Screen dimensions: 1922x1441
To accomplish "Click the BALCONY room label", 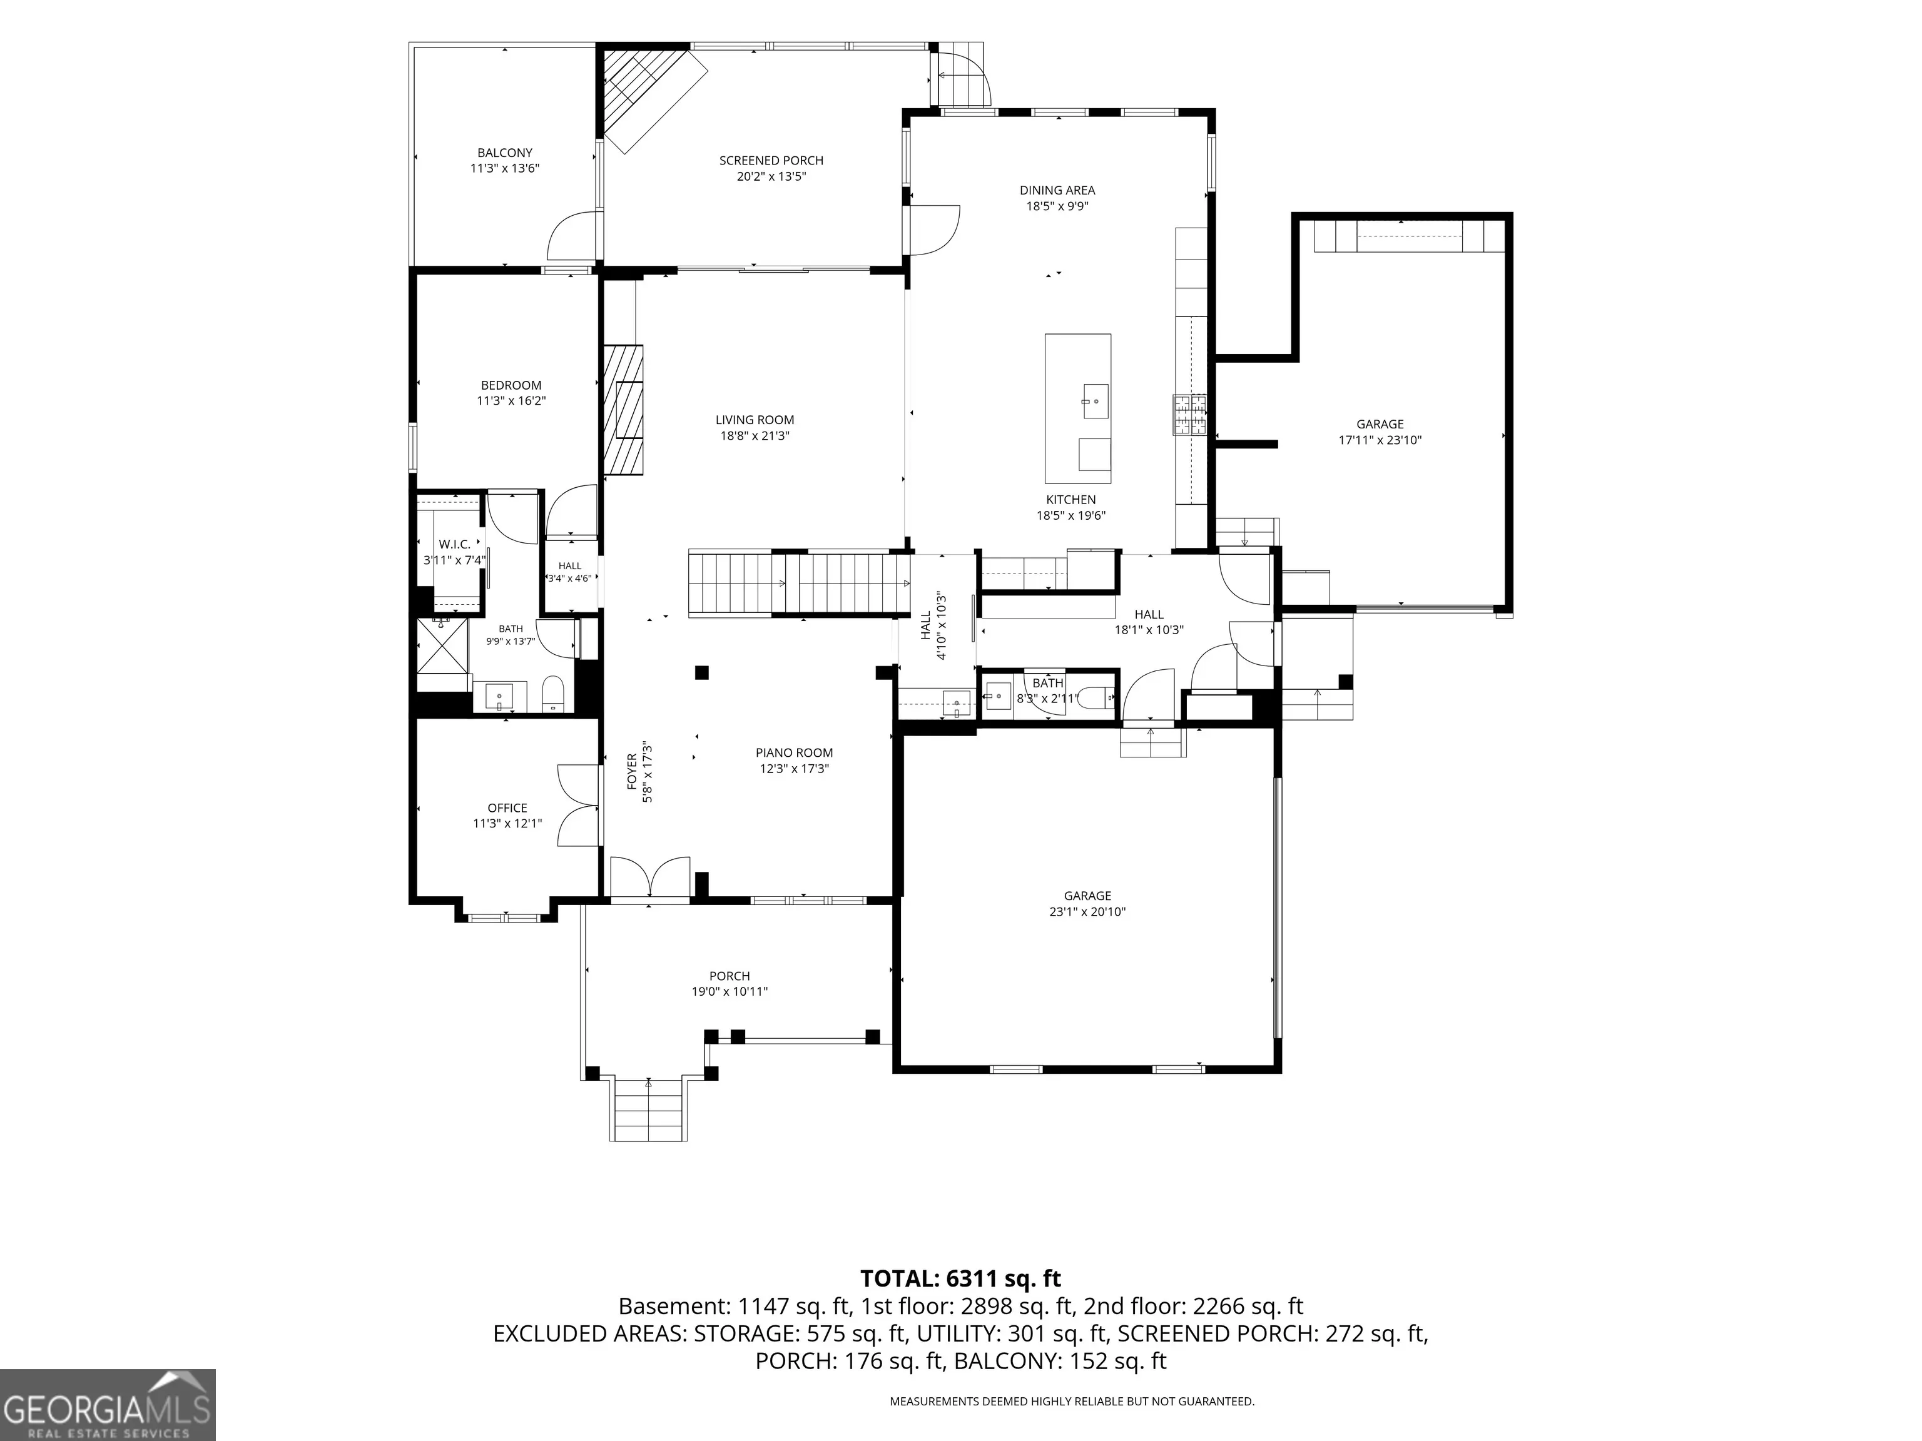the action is point(505,153).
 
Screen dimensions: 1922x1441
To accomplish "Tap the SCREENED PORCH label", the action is point(771,161).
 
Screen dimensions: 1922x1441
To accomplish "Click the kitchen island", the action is point(1077,408).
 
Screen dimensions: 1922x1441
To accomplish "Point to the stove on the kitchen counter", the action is point(1189,414).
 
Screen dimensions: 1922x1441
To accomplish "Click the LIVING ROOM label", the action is point(755,420).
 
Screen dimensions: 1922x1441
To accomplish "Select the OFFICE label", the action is point(507,809).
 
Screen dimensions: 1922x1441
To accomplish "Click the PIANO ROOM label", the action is point(794,753).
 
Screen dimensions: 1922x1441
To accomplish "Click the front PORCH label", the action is point(729,976).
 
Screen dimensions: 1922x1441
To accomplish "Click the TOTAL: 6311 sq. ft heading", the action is point(960,1278).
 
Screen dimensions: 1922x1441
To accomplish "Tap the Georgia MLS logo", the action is point(108,1405).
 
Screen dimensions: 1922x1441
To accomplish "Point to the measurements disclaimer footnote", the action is point(1071,1401).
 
